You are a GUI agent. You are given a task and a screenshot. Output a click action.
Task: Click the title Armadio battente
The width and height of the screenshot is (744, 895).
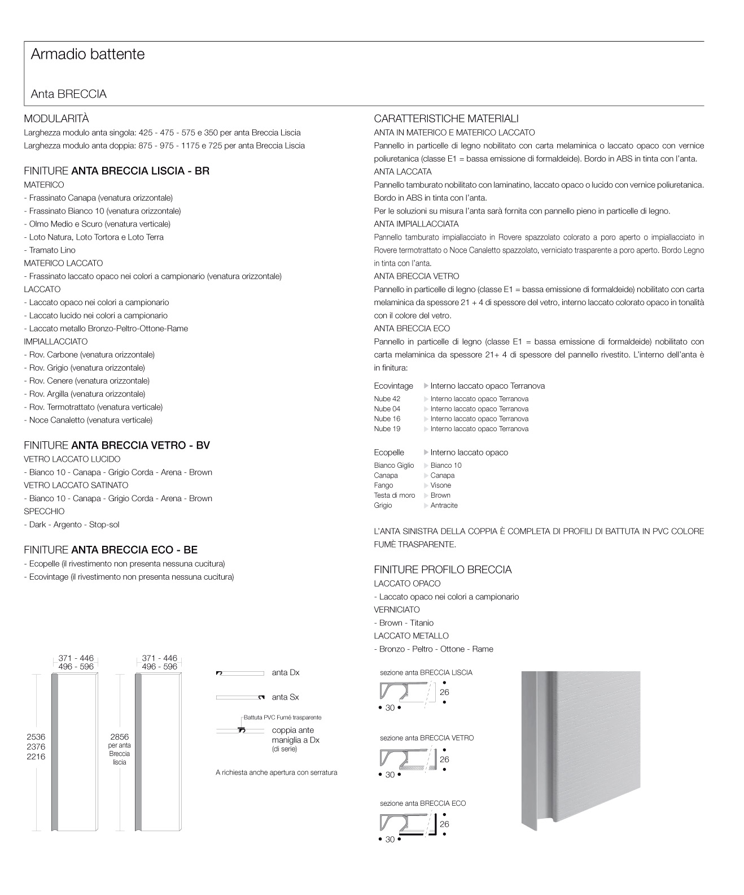click(x=87, y=54)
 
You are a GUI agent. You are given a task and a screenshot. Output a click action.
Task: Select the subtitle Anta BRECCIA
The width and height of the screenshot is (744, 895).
click(x=68, y=94)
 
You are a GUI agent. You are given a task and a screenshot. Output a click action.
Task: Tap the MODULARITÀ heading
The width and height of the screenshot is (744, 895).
click(x=56, y=119)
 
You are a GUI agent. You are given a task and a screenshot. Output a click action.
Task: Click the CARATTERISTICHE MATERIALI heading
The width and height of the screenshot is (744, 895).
click(x=446, y=119)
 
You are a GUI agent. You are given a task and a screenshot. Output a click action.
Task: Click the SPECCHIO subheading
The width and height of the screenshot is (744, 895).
click(x=44, y=511)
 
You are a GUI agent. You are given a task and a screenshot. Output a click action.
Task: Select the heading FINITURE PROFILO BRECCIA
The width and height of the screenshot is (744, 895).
click(x=443, y=570)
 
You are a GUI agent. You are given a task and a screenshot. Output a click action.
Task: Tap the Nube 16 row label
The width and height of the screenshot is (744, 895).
click(x=387, y=419)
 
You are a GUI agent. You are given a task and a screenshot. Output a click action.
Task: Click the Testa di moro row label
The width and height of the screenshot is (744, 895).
click(x=394, y=496)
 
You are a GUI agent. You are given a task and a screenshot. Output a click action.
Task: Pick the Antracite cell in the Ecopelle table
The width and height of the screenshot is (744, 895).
click(x=444, y=506)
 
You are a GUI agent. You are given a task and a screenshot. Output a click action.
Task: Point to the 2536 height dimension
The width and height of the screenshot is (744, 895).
click(x=36, y=737)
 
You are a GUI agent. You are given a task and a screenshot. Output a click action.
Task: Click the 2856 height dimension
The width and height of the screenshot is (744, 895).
click(x=119, y=737)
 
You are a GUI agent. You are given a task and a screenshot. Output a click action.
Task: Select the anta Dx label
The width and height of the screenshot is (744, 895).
click(x=286, y=673)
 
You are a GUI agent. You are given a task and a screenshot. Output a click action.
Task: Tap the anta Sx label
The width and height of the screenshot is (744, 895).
click(x=285, y=697)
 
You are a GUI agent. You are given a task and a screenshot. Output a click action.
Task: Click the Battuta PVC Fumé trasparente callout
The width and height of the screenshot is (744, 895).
click(x=282, y=718)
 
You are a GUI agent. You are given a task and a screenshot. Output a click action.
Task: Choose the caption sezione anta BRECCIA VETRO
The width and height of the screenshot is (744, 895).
click(x=427, y=738)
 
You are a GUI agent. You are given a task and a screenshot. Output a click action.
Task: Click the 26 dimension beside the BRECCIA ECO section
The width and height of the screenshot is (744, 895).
click(x=444, y=824)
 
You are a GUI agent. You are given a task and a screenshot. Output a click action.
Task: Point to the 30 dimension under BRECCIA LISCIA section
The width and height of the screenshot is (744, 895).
click(x=389, y=708)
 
